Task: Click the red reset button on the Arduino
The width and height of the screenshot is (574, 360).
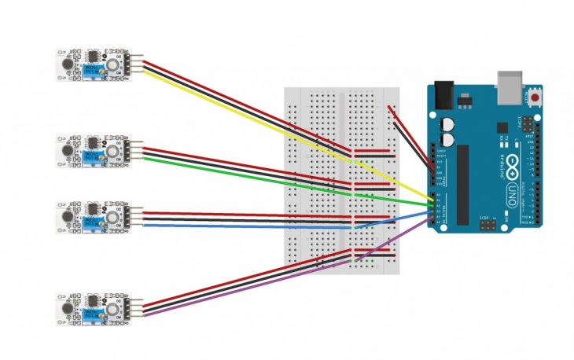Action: coord(538,98)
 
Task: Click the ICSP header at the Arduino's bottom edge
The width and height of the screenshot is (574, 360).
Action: coord(489,226)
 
